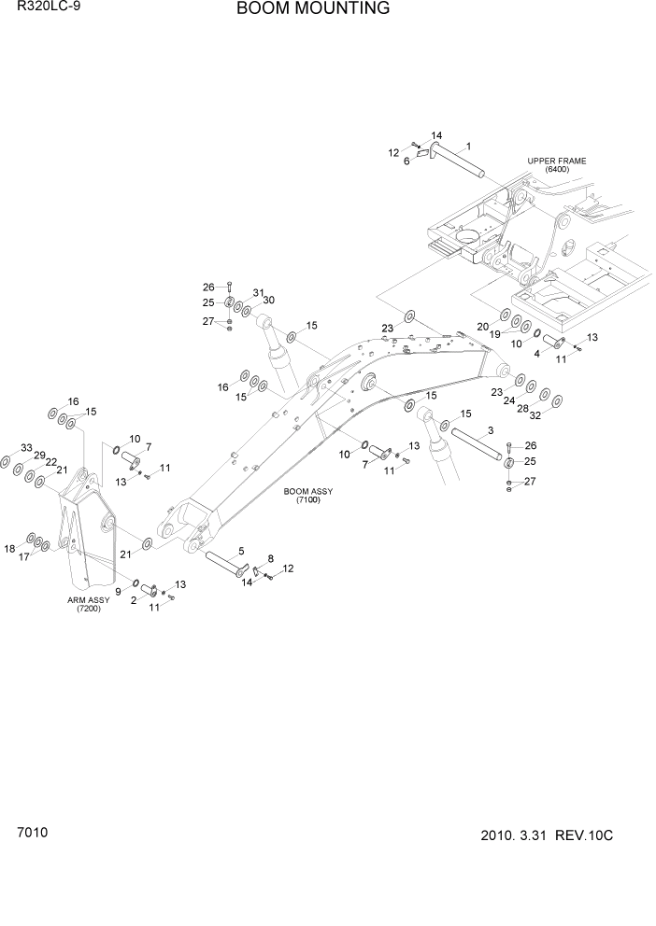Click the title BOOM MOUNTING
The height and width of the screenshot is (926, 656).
pyautogui.click(x=299, y=9)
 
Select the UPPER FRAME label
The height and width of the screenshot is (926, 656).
pyautogui.click(x=556, y=165)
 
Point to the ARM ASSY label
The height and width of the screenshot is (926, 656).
pyautogui.click(x=89, y=605)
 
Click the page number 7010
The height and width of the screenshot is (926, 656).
pyautogui.click(x=31, y=831)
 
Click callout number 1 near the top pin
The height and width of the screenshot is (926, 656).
pyautogui.click(x=467, y=146)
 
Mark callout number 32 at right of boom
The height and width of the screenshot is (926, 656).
pyautogui.click(x=535, y=417)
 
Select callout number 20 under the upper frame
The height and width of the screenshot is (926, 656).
pyautogui.click(x=483, y=326)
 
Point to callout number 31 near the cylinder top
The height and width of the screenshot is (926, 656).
pyautogui.click(x=258, y=292)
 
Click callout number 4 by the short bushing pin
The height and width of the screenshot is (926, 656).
pyautogui.click(x=536, y=353)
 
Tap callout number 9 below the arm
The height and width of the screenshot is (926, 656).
pyautogui.click(x=118, y=592)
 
